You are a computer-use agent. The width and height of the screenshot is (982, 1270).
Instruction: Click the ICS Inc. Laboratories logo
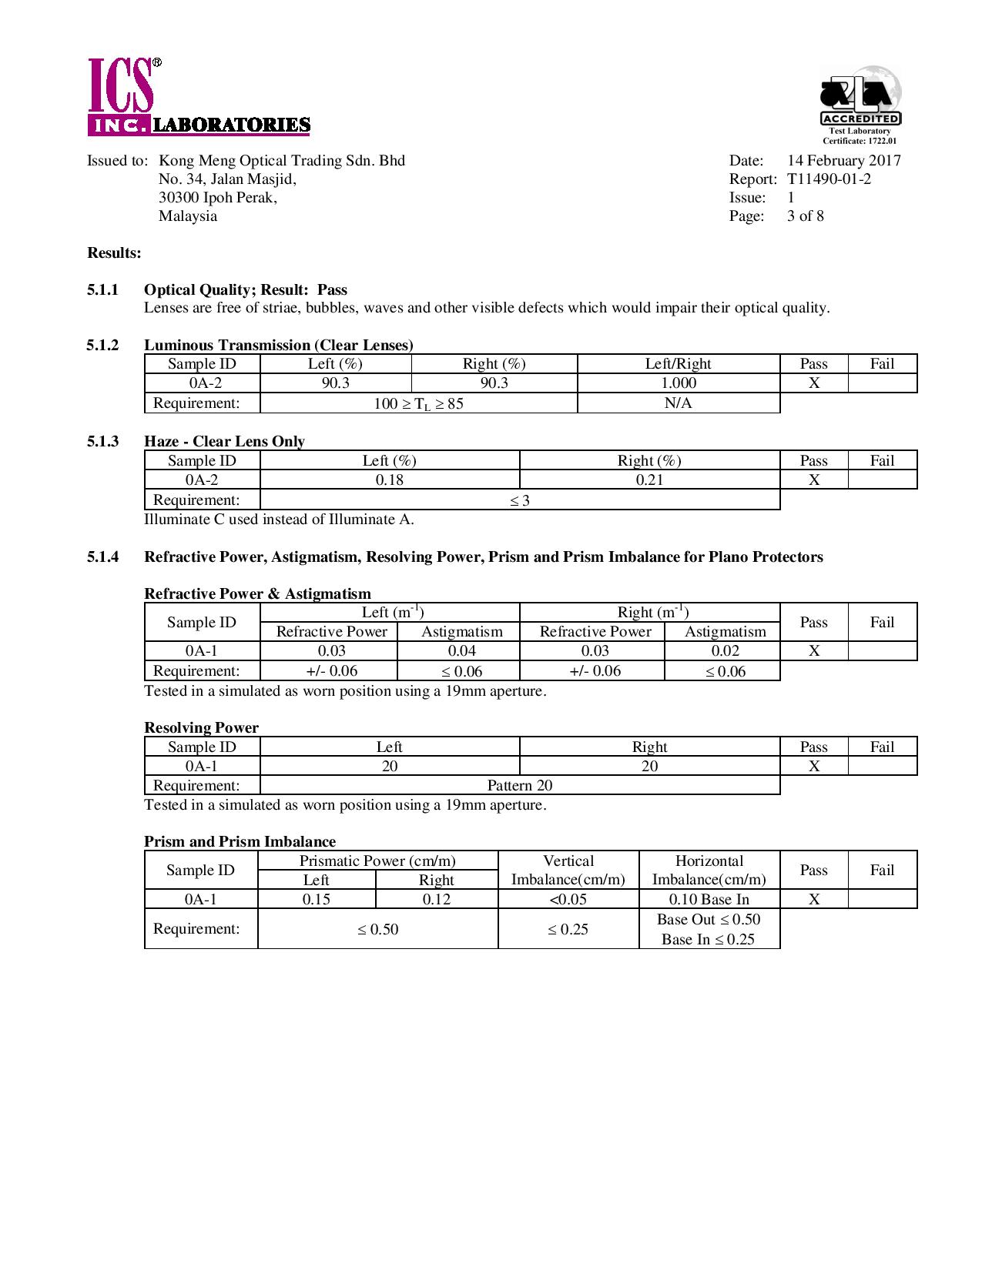pos(199,99)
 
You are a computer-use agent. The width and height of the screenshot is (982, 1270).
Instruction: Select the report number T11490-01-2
pos(829,179)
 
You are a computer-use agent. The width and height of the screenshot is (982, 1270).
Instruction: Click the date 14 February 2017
pos(843,161)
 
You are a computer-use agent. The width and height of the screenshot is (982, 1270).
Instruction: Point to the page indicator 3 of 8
pos(805,216)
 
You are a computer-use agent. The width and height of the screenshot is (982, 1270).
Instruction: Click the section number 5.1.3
pos(102,441)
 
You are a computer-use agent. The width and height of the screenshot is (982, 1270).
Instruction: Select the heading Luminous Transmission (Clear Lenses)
pos(278,345)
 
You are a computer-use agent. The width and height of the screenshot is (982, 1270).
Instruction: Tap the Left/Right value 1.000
pos(679,383)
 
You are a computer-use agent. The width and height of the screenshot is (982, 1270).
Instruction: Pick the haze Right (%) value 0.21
pos(649,480)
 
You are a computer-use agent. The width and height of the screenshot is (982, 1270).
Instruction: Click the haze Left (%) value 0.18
pos(390,480)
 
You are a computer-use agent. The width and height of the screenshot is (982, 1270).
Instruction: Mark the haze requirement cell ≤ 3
pos(520,500)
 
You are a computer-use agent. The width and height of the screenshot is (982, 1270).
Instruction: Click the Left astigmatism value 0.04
pos(461,651)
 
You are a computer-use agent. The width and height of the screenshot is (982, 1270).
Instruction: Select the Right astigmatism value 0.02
pos(725,651)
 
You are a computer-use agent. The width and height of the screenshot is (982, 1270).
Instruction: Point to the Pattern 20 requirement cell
pos(520,786)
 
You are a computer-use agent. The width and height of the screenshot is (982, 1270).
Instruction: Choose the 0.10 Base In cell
pos(709,900)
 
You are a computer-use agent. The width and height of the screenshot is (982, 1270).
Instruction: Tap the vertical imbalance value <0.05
pos(568,900)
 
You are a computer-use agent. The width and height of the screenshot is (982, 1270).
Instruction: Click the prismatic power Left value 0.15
pos(317,900)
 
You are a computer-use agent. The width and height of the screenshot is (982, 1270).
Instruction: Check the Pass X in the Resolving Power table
pos(813,766)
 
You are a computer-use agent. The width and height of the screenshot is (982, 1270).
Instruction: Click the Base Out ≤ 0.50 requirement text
pos(709,920)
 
